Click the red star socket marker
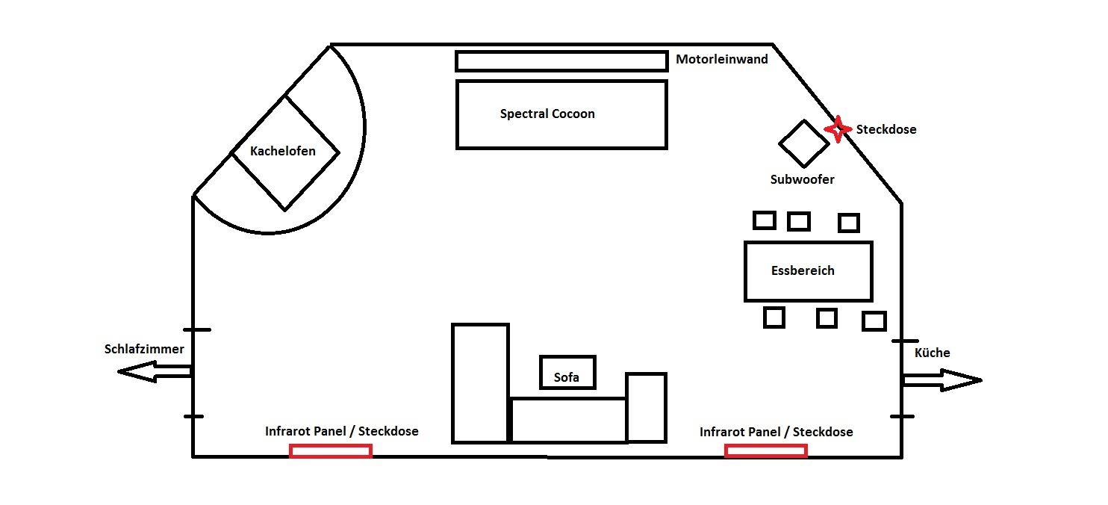[838, 129]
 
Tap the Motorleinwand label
[722, 60]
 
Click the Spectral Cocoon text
[547, 114]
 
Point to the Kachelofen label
[282, 151]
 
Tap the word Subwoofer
[802, 179]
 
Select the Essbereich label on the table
[803, 270]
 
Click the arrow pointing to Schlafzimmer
[155, 371]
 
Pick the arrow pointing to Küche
[942, 380]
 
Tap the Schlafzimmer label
[144, 349]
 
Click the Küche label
[932, 353]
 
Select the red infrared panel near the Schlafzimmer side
[331, 451]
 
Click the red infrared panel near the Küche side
[766, 450]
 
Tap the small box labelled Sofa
[567, 372]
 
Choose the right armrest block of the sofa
[646, 407]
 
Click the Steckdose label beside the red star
[886, 130]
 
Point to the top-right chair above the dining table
[849, 223]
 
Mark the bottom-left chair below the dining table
[774, 317]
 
